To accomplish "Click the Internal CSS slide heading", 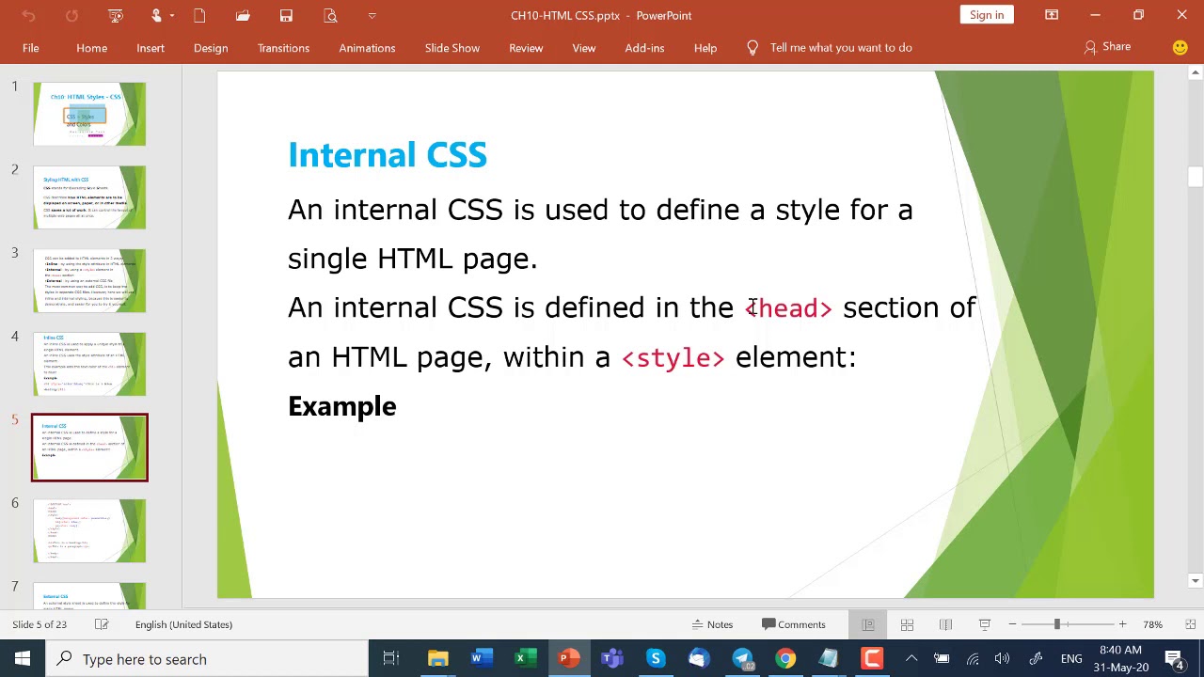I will click(387, 155).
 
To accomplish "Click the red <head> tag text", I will click(789, 308).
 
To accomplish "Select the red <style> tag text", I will click(673, 358).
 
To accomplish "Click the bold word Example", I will click(341, 406).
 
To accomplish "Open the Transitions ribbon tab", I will click(283, 48).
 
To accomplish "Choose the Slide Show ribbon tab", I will click(451, 48).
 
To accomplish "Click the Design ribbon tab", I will click(211, 48).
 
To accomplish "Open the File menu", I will click(31, 48).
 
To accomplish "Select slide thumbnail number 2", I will click(89, 197).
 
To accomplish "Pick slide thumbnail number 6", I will click(89, 531).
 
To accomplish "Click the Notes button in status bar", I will click(712, 624).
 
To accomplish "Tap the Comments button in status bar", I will click(794, 624).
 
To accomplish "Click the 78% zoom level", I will click(1152, 624).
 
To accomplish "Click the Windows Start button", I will click(23, 659).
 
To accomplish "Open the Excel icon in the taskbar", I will click(520, 659).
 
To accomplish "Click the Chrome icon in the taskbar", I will click(785, 659).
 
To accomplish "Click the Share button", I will click(1107, 47).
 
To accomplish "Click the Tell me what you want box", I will click(840, 48).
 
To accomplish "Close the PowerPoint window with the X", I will click(1181, 15).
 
